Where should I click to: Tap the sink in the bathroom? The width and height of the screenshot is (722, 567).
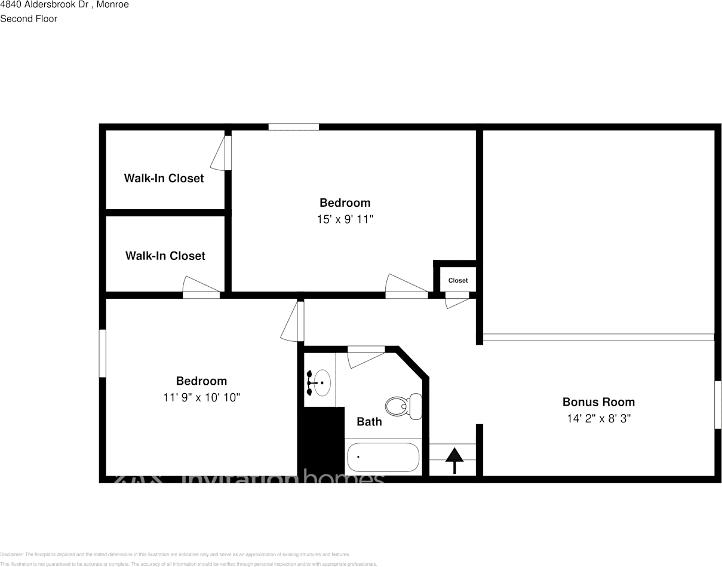[320, 383]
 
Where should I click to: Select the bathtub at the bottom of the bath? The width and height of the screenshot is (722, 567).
[383, 457]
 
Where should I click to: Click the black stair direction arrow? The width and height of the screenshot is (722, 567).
[454, 460]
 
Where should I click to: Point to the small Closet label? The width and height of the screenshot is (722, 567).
[458, 280]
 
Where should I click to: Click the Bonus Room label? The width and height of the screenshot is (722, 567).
[598, 402]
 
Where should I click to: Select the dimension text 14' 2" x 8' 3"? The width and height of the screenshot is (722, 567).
[598, 418]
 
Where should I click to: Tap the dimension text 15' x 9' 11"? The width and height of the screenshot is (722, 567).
[345, 219]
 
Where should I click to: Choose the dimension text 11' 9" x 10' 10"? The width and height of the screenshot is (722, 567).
[201, 397]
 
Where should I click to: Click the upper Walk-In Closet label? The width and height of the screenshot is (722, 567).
[164, 178]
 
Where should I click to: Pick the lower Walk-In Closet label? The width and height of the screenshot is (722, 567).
[165, 256]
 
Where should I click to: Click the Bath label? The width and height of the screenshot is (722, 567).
[369, 422]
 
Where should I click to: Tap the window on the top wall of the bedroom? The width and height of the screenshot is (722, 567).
[293, 127]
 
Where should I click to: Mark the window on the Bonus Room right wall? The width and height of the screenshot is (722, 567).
[718, 404]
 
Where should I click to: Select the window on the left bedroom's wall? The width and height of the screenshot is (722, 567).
[102, 353]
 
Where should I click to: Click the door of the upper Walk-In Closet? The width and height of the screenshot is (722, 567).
[221, 154]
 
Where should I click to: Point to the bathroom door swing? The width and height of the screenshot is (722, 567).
[364, 357]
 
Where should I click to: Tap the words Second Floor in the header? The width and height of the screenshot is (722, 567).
[29, 19]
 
